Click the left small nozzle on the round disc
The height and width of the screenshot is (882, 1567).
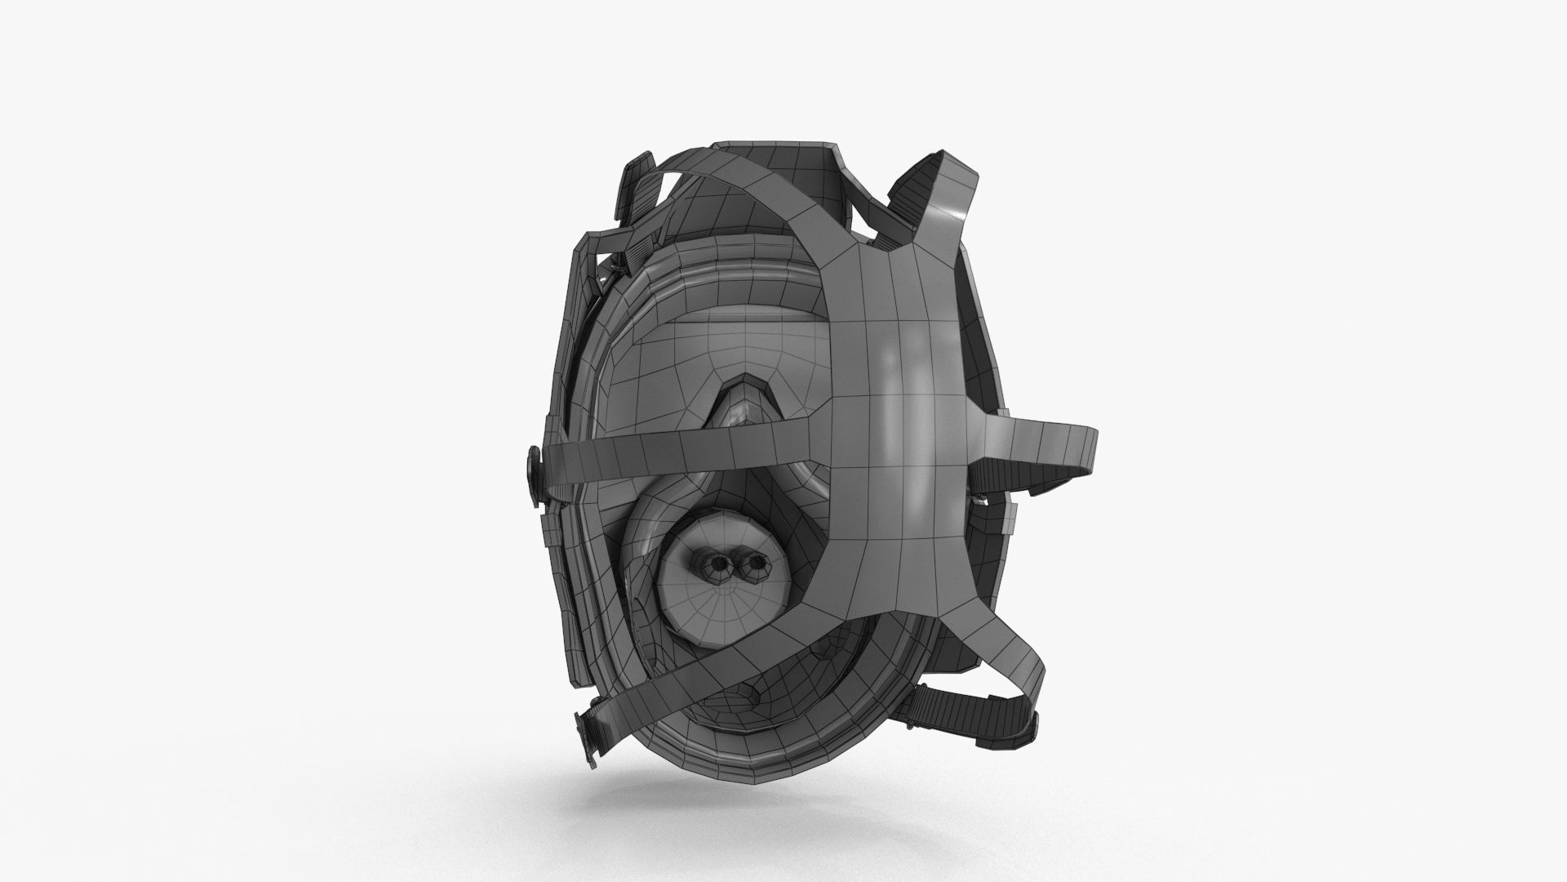718,565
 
